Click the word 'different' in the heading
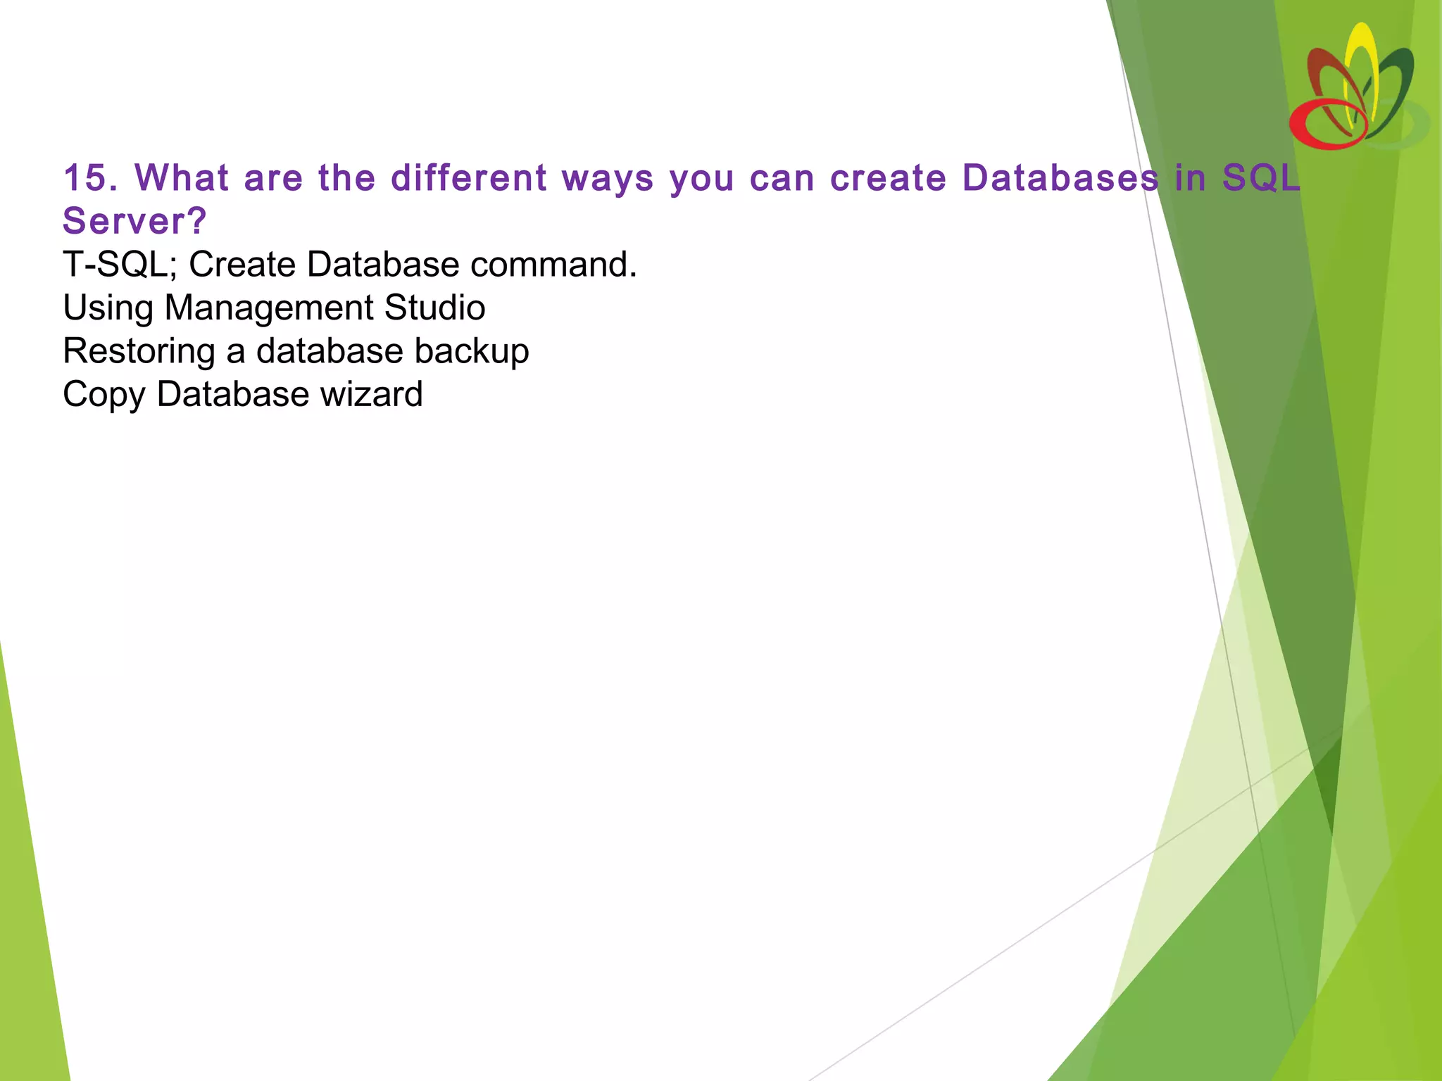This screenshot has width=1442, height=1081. tap(469, 177)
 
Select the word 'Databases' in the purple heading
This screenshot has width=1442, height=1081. tap(1060, 177)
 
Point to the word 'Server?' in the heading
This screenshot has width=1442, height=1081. tap(134, 221)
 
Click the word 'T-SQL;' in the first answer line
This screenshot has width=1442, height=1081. tap(120, 265)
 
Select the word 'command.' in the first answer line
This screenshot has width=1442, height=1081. tap(553, 265)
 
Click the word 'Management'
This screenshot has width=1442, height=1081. tap(268, 308)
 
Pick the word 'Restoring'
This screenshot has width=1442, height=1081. tap(139, 351)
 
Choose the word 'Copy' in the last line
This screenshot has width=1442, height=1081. tap(104, 395)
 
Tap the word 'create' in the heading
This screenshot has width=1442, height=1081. tap(888, 177)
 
